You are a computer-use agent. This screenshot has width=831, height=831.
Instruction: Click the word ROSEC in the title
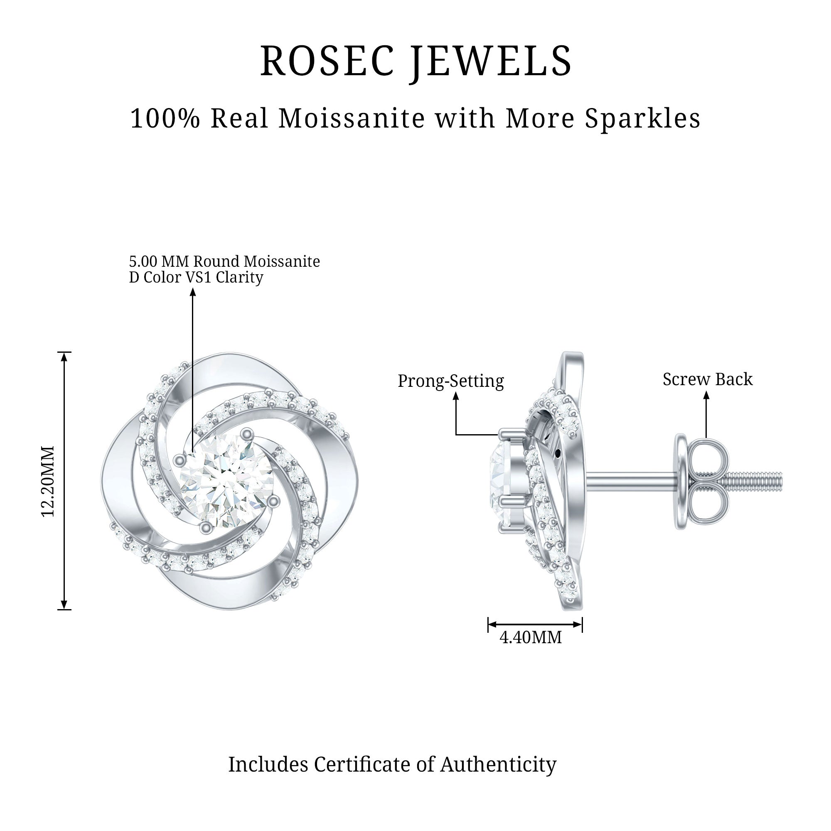(327, 61)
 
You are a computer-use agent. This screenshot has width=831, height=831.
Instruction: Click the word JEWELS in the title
(492, 61)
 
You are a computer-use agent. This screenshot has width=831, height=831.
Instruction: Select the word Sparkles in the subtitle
(643, 119)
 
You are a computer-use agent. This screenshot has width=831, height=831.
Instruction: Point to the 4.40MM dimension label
(530, 637)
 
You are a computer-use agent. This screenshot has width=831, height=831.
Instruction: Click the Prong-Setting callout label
(450, 381)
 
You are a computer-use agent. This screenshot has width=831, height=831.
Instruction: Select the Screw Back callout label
(708, 379)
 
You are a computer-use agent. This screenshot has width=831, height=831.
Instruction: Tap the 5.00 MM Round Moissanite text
(224, 261)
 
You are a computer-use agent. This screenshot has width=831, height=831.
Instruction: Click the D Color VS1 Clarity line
(196, 277)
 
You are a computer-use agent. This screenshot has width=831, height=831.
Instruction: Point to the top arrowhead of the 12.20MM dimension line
(64, 356)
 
